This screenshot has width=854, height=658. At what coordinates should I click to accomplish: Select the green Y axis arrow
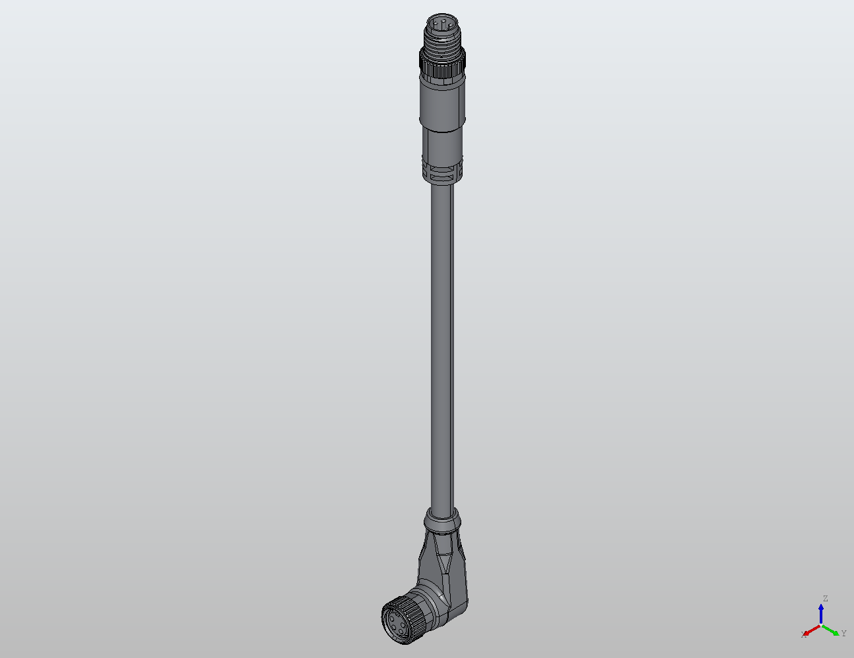pos(832,630)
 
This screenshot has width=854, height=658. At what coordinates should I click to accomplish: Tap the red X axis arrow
pos(811,630)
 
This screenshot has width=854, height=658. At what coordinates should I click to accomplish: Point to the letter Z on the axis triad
pos(824,599)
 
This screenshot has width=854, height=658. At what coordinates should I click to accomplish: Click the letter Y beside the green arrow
pos(843,634)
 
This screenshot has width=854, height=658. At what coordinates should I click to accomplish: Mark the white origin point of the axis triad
pos(821,624)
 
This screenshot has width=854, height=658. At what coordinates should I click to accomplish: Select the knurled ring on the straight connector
pos(441,65)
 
